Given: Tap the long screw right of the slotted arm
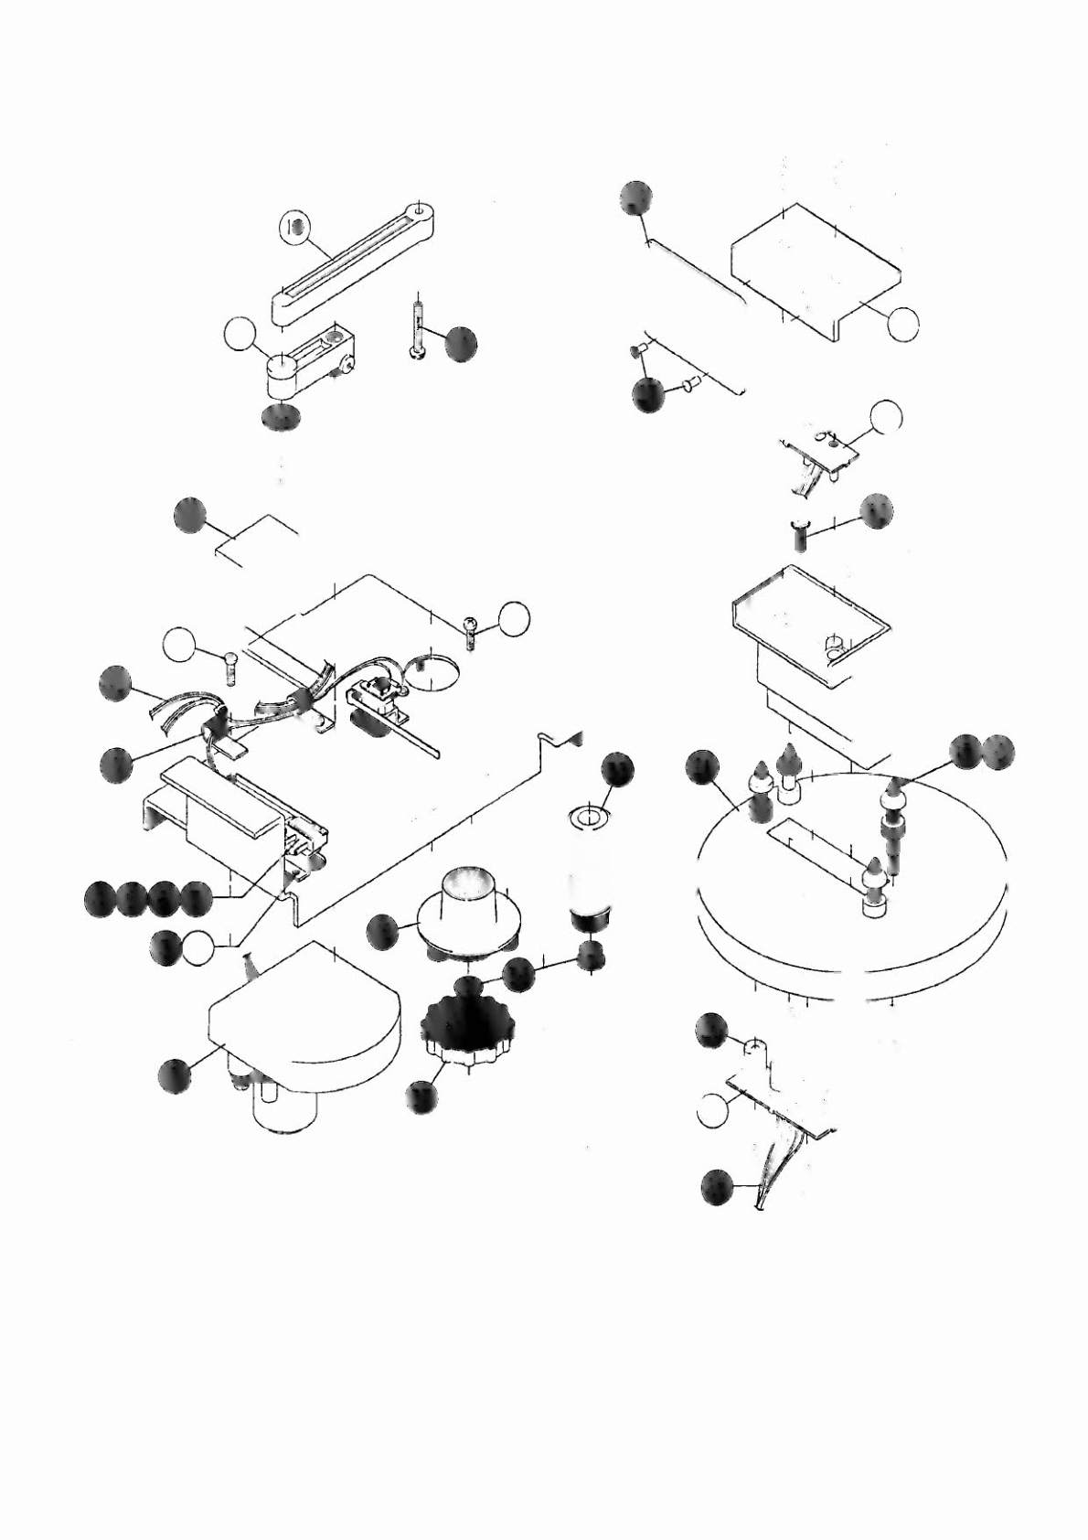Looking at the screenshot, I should point(417,329).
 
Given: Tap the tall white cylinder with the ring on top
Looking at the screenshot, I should point(590,860).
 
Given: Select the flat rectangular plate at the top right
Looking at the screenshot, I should point(814,265).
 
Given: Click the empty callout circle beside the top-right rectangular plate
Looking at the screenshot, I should point(903,323).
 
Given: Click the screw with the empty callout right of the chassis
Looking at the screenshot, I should point(471,631).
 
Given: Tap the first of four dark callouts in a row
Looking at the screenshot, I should point(100,899).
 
